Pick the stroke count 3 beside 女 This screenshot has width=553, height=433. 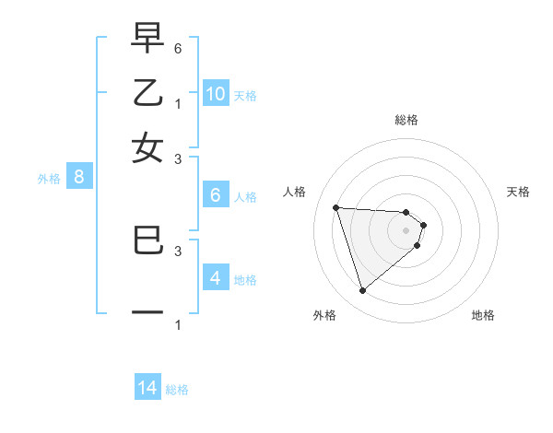177,158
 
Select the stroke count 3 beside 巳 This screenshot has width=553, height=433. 177,250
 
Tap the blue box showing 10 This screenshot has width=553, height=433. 216,93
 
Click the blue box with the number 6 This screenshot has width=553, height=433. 216,195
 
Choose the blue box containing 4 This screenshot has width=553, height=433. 216,277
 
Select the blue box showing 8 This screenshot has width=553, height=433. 79,178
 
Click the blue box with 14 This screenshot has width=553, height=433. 147,388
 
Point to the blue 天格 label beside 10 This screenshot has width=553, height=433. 244,95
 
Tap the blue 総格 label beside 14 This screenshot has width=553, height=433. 177,390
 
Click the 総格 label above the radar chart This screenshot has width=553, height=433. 406,120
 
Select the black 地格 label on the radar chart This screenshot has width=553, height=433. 483,315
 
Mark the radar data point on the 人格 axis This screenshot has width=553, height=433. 336,207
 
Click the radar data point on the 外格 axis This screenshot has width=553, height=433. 363,291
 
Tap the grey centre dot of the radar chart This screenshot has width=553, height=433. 406,230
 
